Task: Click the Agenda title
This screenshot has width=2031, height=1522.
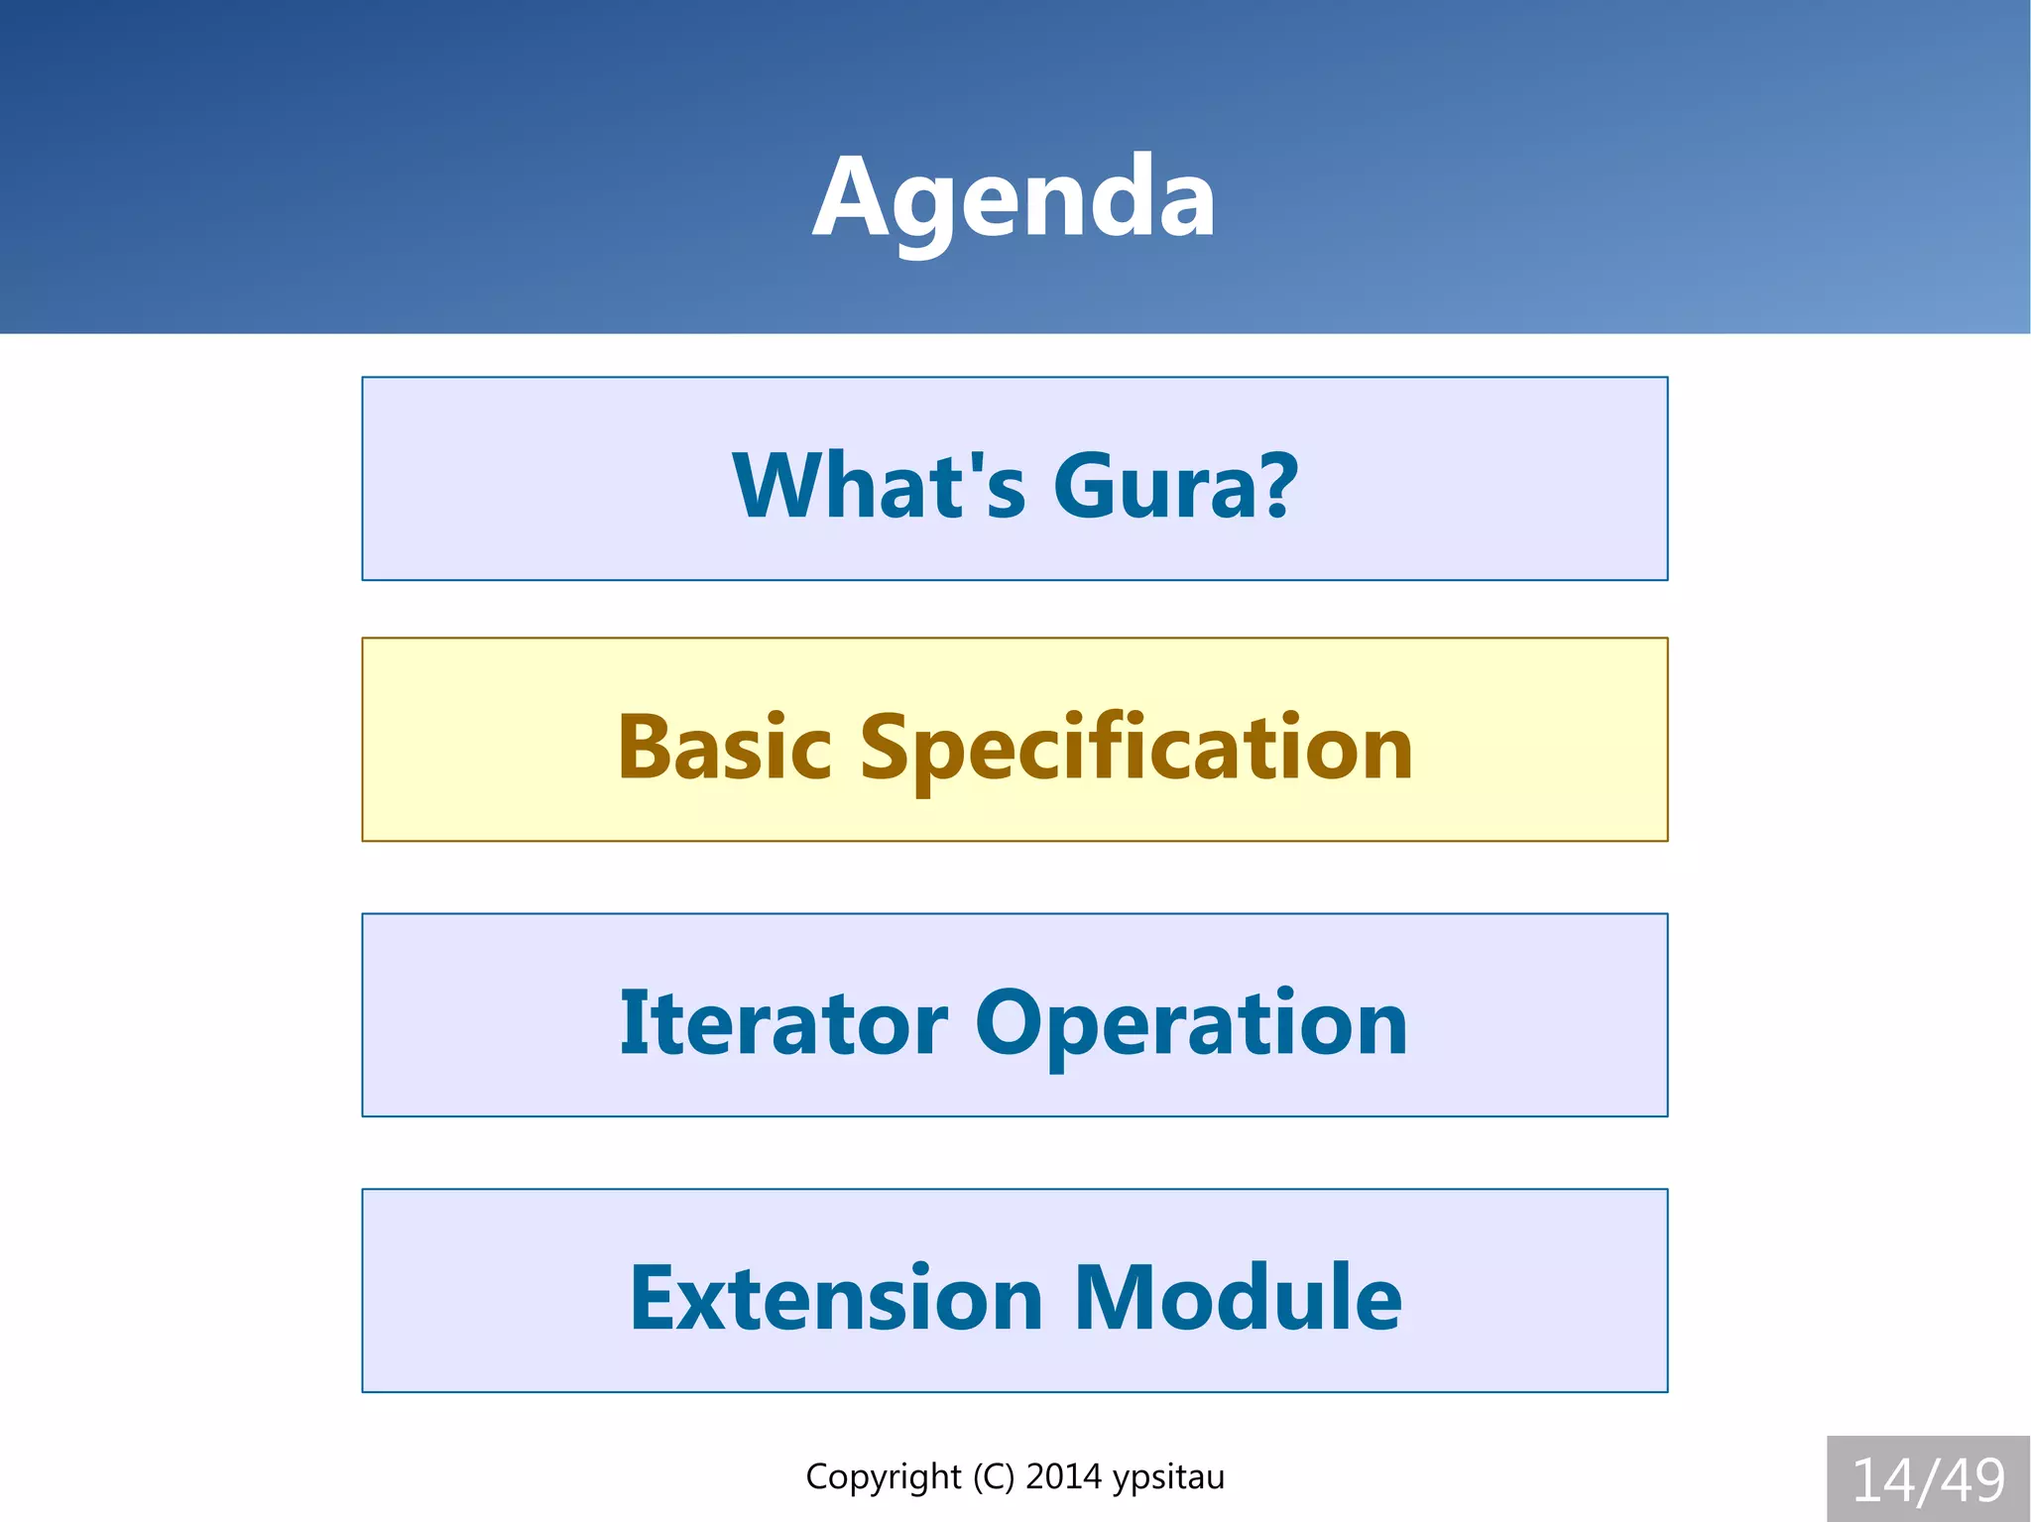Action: [x=1014, y=198]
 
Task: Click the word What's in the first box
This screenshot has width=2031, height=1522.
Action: [x=879, y=485]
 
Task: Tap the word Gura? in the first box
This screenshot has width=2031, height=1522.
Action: [x=1174, y=485]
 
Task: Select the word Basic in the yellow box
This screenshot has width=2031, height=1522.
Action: [x=724, y=748]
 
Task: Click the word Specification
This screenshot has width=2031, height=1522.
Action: [x=1136, y=750]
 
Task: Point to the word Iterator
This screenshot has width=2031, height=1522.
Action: [x=783, y=1023]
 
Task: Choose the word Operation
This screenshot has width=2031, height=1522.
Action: [x=1191, y=1025]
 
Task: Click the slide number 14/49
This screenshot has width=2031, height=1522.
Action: [x=1928, y=1480]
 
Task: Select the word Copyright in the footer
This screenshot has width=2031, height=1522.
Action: [x=883, y=1476]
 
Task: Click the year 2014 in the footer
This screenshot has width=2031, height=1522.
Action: [x=1063, y=1476]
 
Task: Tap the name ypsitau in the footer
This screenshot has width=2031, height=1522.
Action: [x=1168, y=1477]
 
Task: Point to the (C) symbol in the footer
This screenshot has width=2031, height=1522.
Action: [x=994, y=1476]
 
